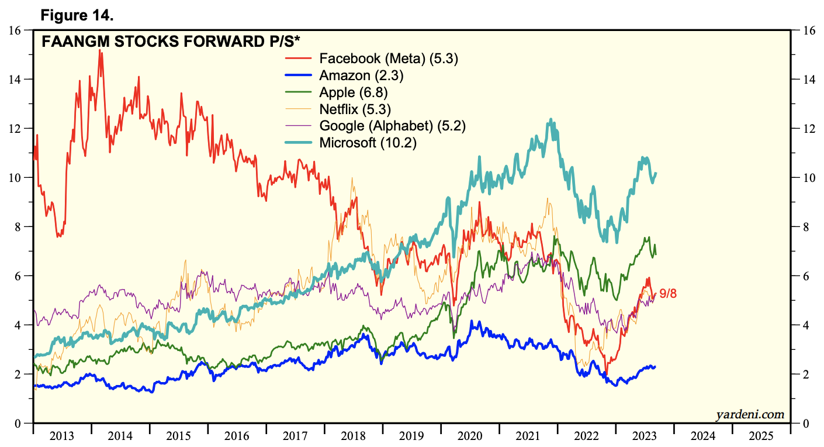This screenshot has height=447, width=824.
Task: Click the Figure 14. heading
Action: (x=77, y=16)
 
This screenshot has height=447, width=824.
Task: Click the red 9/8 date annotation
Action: (x=668, y=294)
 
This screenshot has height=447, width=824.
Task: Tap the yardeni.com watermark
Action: (x=750, y=415)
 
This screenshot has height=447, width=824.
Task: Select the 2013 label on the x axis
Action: (x=62, y=436)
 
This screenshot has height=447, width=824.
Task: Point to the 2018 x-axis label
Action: (x=354, y=436)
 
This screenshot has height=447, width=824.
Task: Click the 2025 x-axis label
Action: (x=761, y=436)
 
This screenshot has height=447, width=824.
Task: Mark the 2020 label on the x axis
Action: (x=470, y=436)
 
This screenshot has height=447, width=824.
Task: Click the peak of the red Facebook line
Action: (x=100, y=51)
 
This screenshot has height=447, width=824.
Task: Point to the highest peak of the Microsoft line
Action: (x=550, y=120)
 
